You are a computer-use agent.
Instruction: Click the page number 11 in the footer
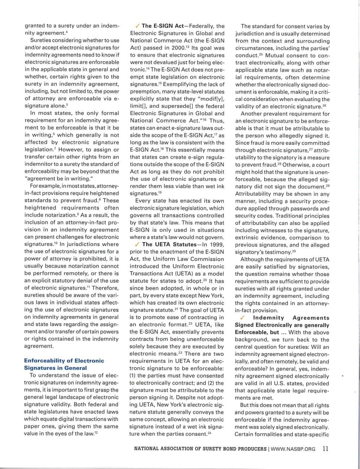coord(325,448)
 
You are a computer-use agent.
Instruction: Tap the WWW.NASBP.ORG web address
coord(293,449)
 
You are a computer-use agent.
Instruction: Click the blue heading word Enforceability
coord(46,360)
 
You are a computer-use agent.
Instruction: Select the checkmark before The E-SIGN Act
coord(137,26)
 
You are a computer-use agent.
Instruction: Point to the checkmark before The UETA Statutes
coord(137,244)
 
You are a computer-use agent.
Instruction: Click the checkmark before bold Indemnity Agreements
coord(242,318)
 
